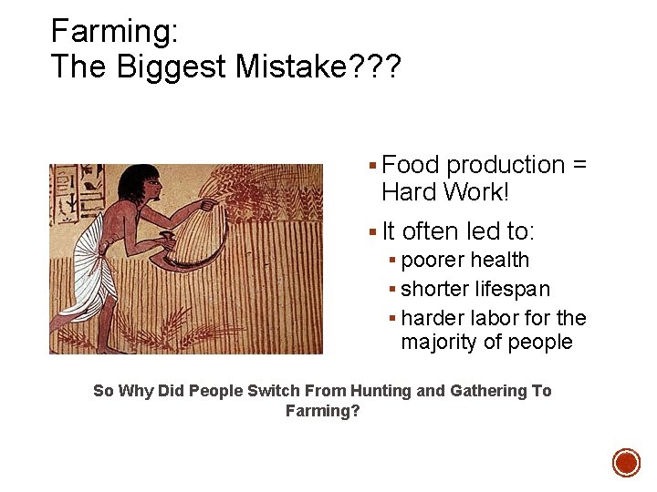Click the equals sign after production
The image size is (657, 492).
579,165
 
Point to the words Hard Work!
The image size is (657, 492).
447,191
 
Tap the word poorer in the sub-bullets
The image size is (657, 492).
433,261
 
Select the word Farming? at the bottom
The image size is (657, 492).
323,411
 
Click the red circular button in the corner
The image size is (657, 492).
626,462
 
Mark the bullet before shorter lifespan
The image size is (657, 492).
391,290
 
